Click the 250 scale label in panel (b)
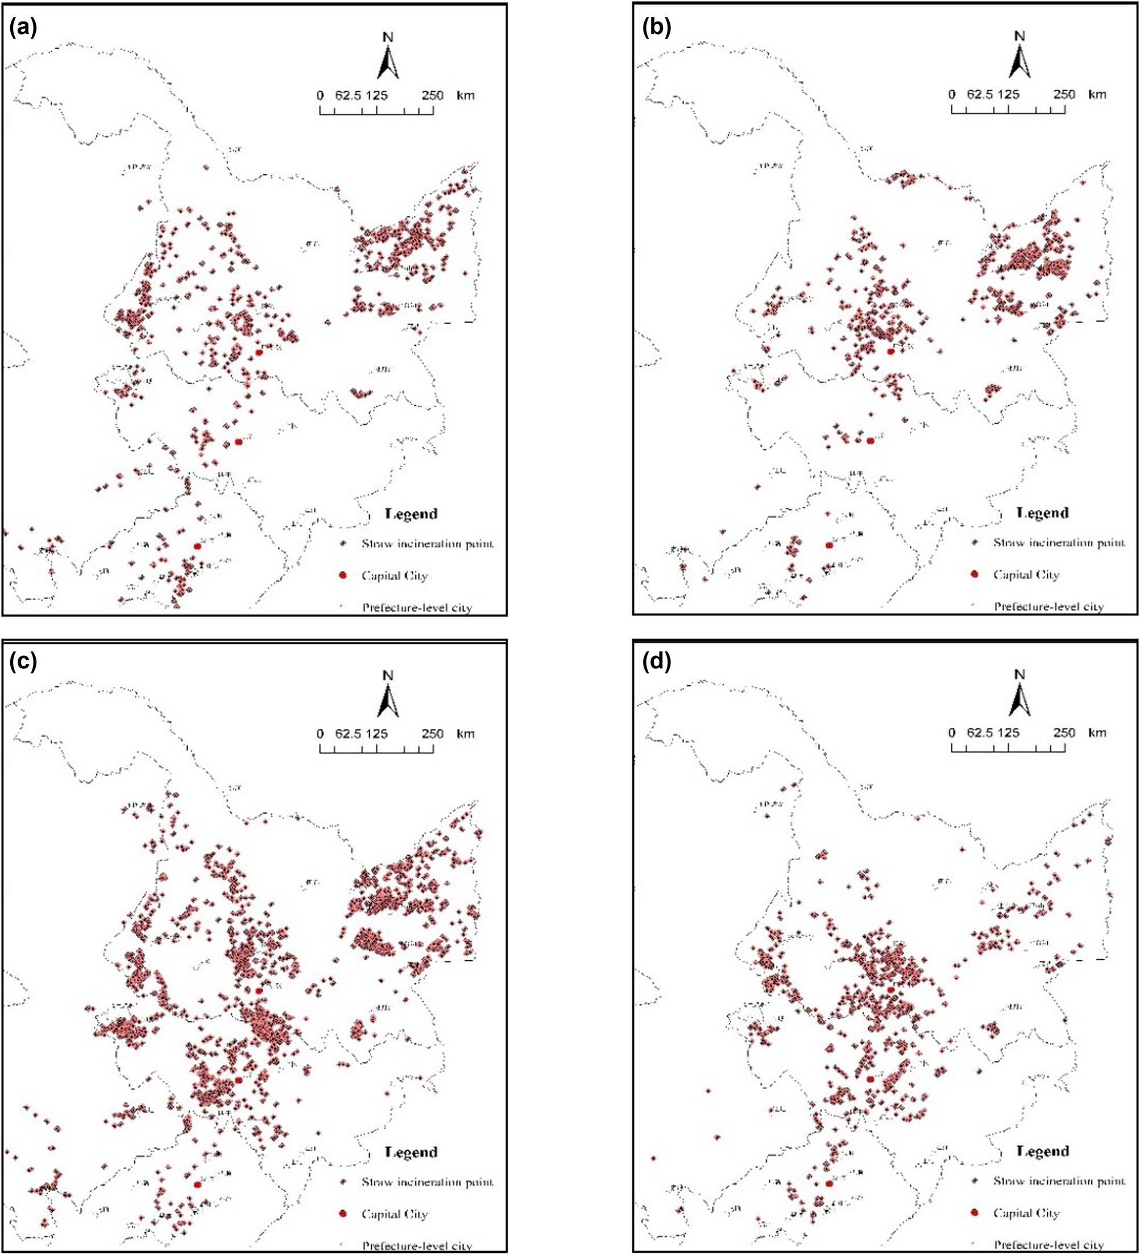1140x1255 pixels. [x=1064, y=94]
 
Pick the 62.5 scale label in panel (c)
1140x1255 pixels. [x=348, y=733]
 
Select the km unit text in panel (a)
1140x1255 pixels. [x=465, y=95]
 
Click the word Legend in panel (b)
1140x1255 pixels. [x=1042, y=513]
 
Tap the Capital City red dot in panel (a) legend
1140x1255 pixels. [x=342, y=575]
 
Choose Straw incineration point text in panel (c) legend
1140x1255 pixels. [x=428, y=1182]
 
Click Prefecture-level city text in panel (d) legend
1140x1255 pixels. [x=1048, y=1244]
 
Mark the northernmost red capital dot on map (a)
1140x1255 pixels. [x=259, y=352]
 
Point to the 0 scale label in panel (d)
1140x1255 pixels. [x=951, y=733]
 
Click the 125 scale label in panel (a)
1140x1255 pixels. [x=376, y=95]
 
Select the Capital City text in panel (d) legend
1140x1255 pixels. [x=1026, y=1213]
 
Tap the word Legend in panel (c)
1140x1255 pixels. [x=411, y=1151]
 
